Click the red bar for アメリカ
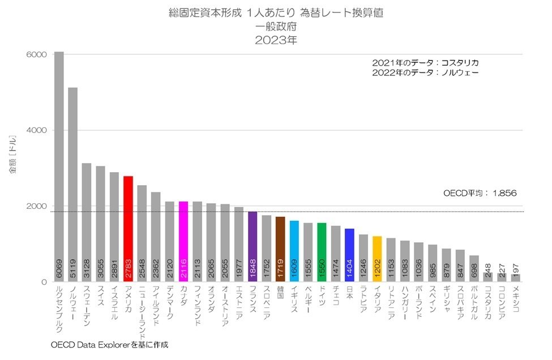[128, 226]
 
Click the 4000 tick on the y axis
[36, 130]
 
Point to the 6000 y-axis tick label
[36, 54]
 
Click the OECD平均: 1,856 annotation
[479, 193]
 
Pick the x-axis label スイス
[100, 297]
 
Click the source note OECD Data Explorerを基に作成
[110, 344]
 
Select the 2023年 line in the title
[276, 40]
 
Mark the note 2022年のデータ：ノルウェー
[425, 72]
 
